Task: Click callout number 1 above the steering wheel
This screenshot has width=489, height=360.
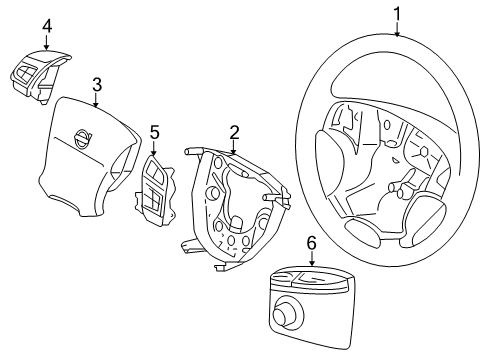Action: (x=396, y=13)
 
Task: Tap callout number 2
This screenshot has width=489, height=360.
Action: (x=233, y=131)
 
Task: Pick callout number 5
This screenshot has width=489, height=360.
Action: (x=154, y=131)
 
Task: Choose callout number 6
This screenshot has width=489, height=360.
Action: (x=311, y=242)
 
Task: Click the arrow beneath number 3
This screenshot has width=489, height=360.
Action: (x=96, y=99)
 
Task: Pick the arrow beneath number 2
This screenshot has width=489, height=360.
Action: (x=233, y=147)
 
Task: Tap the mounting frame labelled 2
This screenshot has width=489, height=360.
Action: (x=231, y=210)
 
